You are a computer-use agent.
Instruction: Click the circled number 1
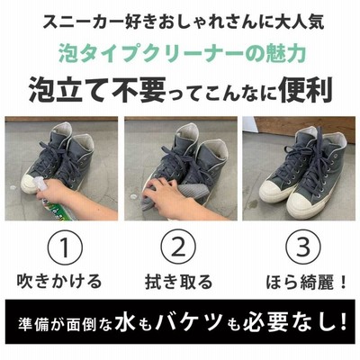click(x=67, y=248)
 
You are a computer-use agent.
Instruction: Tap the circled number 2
click(x=178, y=248)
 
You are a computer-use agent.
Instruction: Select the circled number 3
click(x=302, y=248)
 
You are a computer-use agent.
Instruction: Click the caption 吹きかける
click(x=59, y=282)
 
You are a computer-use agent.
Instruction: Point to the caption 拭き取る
click(x=179, y=282)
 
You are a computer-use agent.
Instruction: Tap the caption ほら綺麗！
click(x=307, y=282)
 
